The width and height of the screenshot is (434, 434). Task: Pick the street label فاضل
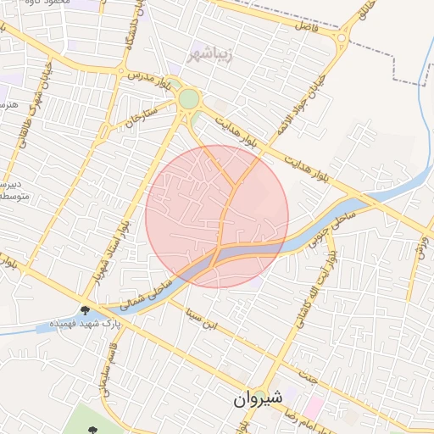point(303,25)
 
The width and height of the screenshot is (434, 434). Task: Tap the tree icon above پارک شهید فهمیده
point(86,310)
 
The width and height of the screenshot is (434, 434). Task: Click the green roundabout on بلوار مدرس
point(188,99)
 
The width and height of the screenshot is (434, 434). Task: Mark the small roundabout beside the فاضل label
point(341,38)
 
